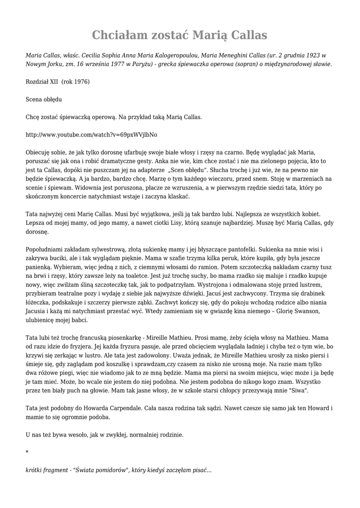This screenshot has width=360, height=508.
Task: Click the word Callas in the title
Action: coord(245,35)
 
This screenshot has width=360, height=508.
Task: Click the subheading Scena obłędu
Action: coord(44,99)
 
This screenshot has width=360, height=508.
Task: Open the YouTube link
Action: coord(91,134)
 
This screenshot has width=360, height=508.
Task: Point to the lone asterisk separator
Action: coord(27,452)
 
